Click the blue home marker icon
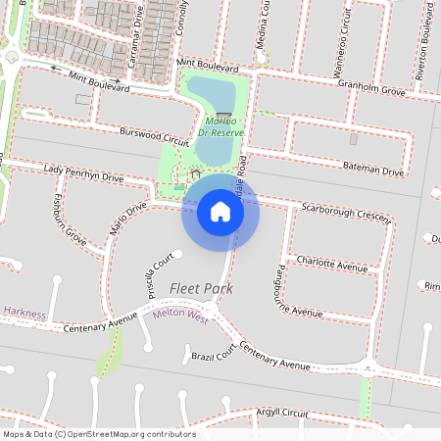[x=220, y=210]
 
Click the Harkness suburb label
[x=24, y=313]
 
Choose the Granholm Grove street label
[x=372, y=90]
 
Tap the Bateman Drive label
[x=373, y=171]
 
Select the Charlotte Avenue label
[x=332, y=265]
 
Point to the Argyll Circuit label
[x=282, y=414]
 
